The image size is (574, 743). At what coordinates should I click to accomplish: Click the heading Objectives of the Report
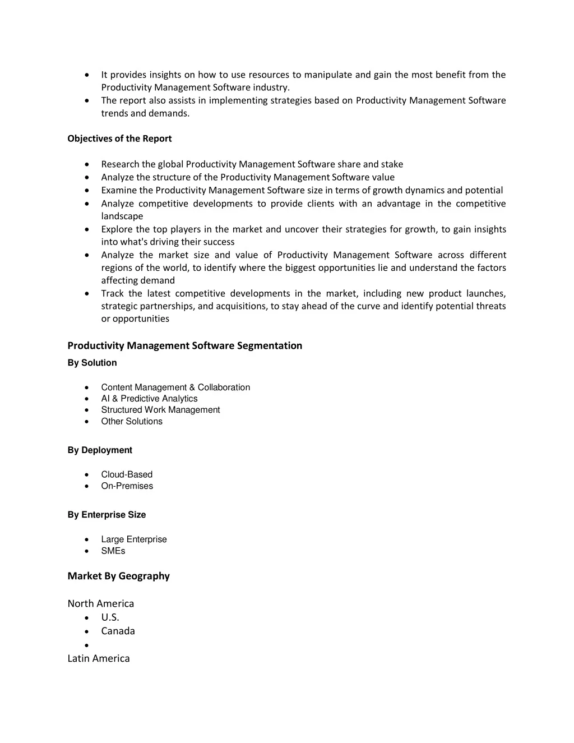coord(119,139)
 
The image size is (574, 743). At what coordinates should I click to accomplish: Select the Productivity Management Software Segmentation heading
coord(184,345)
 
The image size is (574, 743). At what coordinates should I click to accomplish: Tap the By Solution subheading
coord(92,363)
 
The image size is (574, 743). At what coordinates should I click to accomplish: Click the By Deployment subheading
coord(100,450)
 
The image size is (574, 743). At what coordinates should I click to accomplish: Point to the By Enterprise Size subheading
coord(107,515)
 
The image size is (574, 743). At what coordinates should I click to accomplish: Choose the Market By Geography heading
coord(118,576)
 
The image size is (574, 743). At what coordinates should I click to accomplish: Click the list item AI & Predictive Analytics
coord(149,399)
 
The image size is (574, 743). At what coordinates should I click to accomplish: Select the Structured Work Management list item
coord(160,410)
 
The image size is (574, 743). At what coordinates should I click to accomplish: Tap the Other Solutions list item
coord(132,422)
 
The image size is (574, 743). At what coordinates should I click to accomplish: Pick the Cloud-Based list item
coord(127,474)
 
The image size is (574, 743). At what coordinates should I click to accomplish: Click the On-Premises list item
coord(127,486)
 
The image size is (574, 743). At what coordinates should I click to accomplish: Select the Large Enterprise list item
coord(134,539)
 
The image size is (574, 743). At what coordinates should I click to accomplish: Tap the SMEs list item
coord(113,551)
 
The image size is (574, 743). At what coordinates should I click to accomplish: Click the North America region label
coord(101,604)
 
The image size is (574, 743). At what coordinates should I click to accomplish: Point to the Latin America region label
coord(99,658)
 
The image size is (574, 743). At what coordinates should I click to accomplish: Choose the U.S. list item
coord(110,617)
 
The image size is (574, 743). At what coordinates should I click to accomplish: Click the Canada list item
coord(118,631)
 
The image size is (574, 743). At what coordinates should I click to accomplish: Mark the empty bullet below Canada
coord(86,645)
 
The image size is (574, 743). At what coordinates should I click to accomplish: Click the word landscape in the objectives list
coord(122,216)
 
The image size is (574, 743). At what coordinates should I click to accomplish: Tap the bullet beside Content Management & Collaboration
coord(86,387)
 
